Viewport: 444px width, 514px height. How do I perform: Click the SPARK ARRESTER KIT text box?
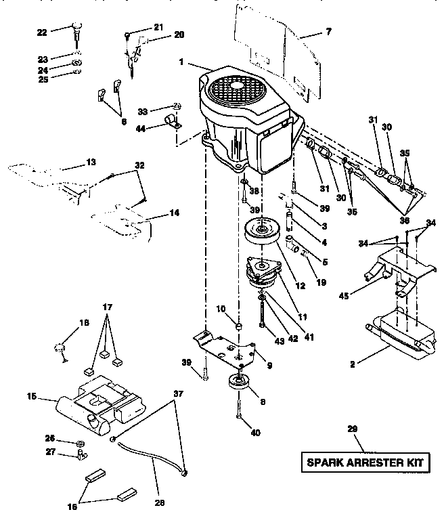coord(365,463)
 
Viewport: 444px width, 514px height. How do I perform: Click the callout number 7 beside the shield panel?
coord(329,31)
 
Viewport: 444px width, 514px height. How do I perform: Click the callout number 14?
coord(174,212)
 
